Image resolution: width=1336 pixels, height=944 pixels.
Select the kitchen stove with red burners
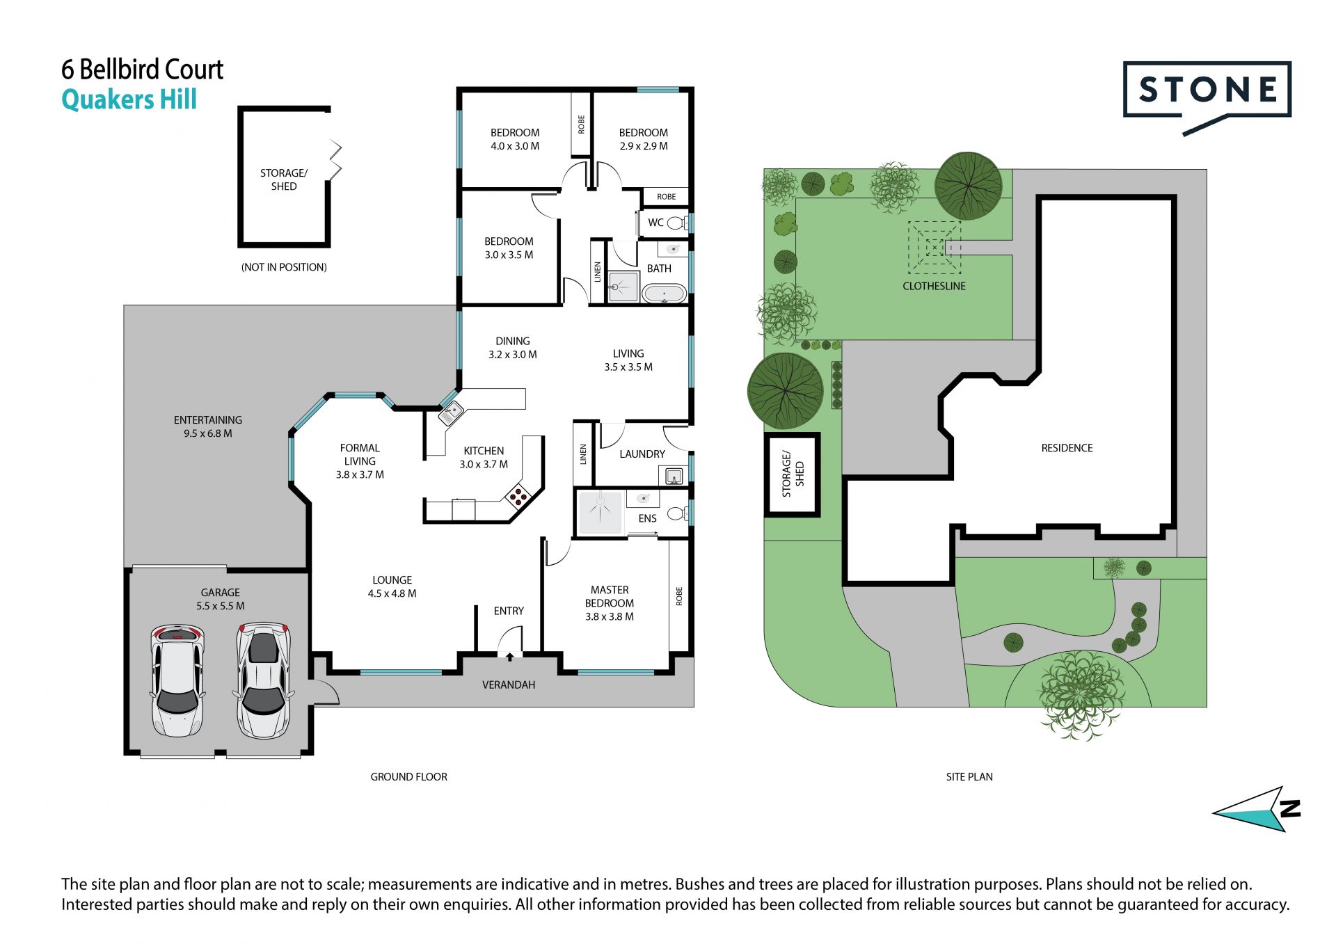click(518, 495)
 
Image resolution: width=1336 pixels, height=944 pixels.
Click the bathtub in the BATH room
click(665, 294)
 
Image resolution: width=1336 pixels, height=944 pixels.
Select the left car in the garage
click(177, 680)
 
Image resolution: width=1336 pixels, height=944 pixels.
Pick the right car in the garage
click(263, 680)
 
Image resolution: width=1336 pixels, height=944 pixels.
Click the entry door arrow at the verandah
click(510, 656)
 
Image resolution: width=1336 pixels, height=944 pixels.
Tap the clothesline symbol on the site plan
click(935, 248)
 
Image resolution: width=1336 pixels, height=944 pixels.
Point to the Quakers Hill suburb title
click(129, 100)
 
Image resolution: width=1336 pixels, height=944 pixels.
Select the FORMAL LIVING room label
click(360, 454)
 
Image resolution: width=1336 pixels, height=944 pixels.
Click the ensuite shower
click(600, 513)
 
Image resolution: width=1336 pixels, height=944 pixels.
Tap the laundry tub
click(673, 477)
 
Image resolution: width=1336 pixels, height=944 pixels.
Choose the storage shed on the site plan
click(793, 475)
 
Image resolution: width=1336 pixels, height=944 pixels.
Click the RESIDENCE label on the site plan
click(1067, 448)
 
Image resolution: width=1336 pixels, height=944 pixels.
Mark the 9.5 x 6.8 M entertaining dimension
click(208, 433)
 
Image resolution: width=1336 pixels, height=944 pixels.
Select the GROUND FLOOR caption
click(408, 776)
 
